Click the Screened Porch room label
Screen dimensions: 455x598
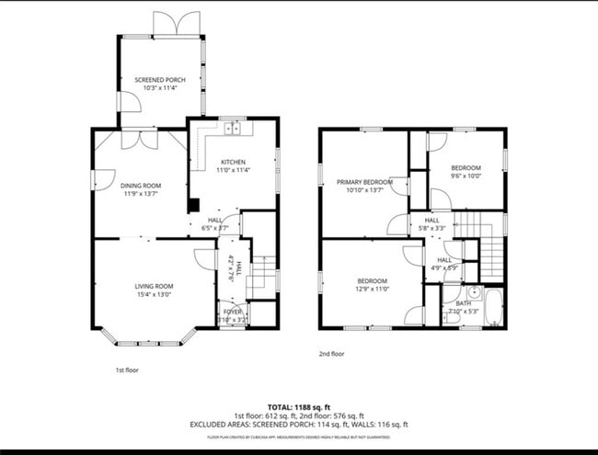(160, 80)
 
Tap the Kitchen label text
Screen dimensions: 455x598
(232, 162)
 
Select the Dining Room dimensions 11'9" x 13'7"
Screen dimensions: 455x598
(142, 193)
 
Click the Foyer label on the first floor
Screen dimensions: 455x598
(234, 313)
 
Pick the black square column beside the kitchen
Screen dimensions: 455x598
(193, 206)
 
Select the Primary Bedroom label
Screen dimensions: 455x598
(363, 183)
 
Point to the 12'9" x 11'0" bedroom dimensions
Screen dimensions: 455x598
(372, 289)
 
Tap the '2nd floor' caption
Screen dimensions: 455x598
(332, 353)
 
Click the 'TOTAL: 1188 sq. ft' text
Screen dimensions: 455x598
(299, 405)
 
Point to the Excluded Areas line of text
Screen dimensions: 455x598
(299, 425)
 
